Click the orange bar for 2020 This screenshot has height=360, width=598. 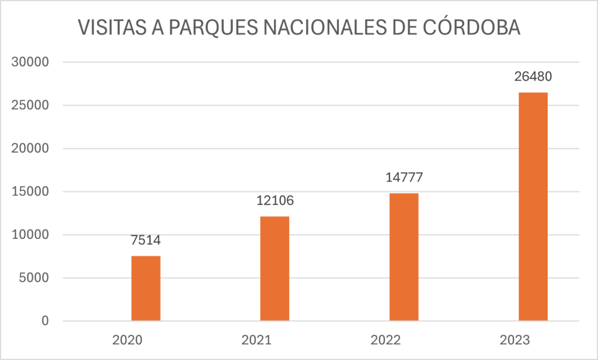145,288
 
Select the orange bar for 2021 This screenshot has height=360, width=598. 274,268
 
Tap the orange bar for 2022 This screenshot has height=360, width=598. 404,257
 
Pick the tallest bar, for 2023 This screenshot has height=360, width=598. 533,206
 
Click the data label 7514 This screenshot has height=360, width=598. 145,240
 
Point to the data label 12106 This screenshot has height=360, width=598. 274,200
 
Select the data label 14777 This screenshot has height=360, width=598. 404,177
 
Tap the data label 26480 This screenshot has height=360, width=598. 533,77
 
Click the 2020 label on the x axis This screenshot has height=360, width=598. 145,340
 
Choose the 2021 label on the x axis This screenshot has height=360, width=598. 274,340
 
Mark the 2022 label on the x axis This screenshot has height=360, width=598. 404,340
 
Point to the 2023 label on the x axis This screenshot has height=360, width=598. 533,340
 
